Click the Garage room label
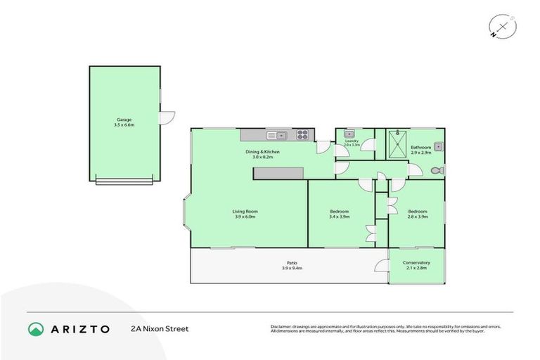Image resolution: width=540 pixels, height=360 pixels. pyautogui.click(x=124, y=120)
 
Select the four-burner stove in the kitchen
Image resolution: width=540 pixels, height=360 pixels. pyautogui.click(x=304, y=134)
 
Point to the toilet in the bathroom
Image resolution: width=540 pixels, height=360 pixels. pyautogui.click(x=436, y=170)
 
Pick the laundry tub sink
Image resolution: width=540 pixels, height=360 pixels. pyautogui.click(x=348, y=134)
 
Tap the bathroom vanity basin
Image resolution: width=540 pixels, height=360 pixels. pyautogui.click(x=437, y=146)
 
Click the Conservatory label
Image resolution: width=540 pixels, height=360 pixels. pyautogui.click(x=416, y=263)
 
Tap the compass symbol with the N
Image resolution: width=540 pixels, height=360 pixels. pyautogui.click(x=503, y=27)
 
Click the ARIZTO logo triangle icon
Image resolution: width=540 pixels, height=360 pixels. pyautogui.click(x=36, y=328)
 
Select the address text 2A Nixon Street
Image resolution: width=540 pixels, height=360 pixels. pyautogui.click(x=160, y=328)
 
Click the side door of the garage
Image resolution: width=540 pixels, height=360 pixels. pyautogui.click(x=166, y=118)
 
